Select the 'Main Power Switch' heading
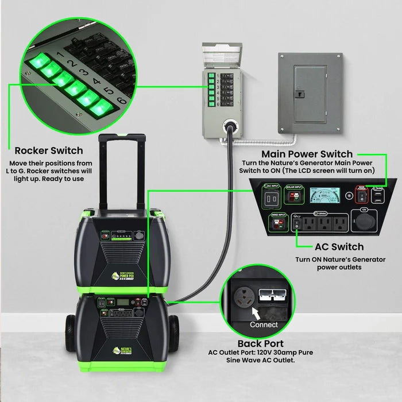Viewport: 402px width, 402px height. click(307, 154)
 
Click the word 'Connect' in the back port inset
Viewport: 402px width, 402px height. click(264, 324)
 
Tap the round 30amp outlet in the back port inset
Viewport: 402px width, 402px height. click(244, 298)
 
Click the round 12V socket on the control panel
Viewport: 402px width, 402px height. click(363, 222)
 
